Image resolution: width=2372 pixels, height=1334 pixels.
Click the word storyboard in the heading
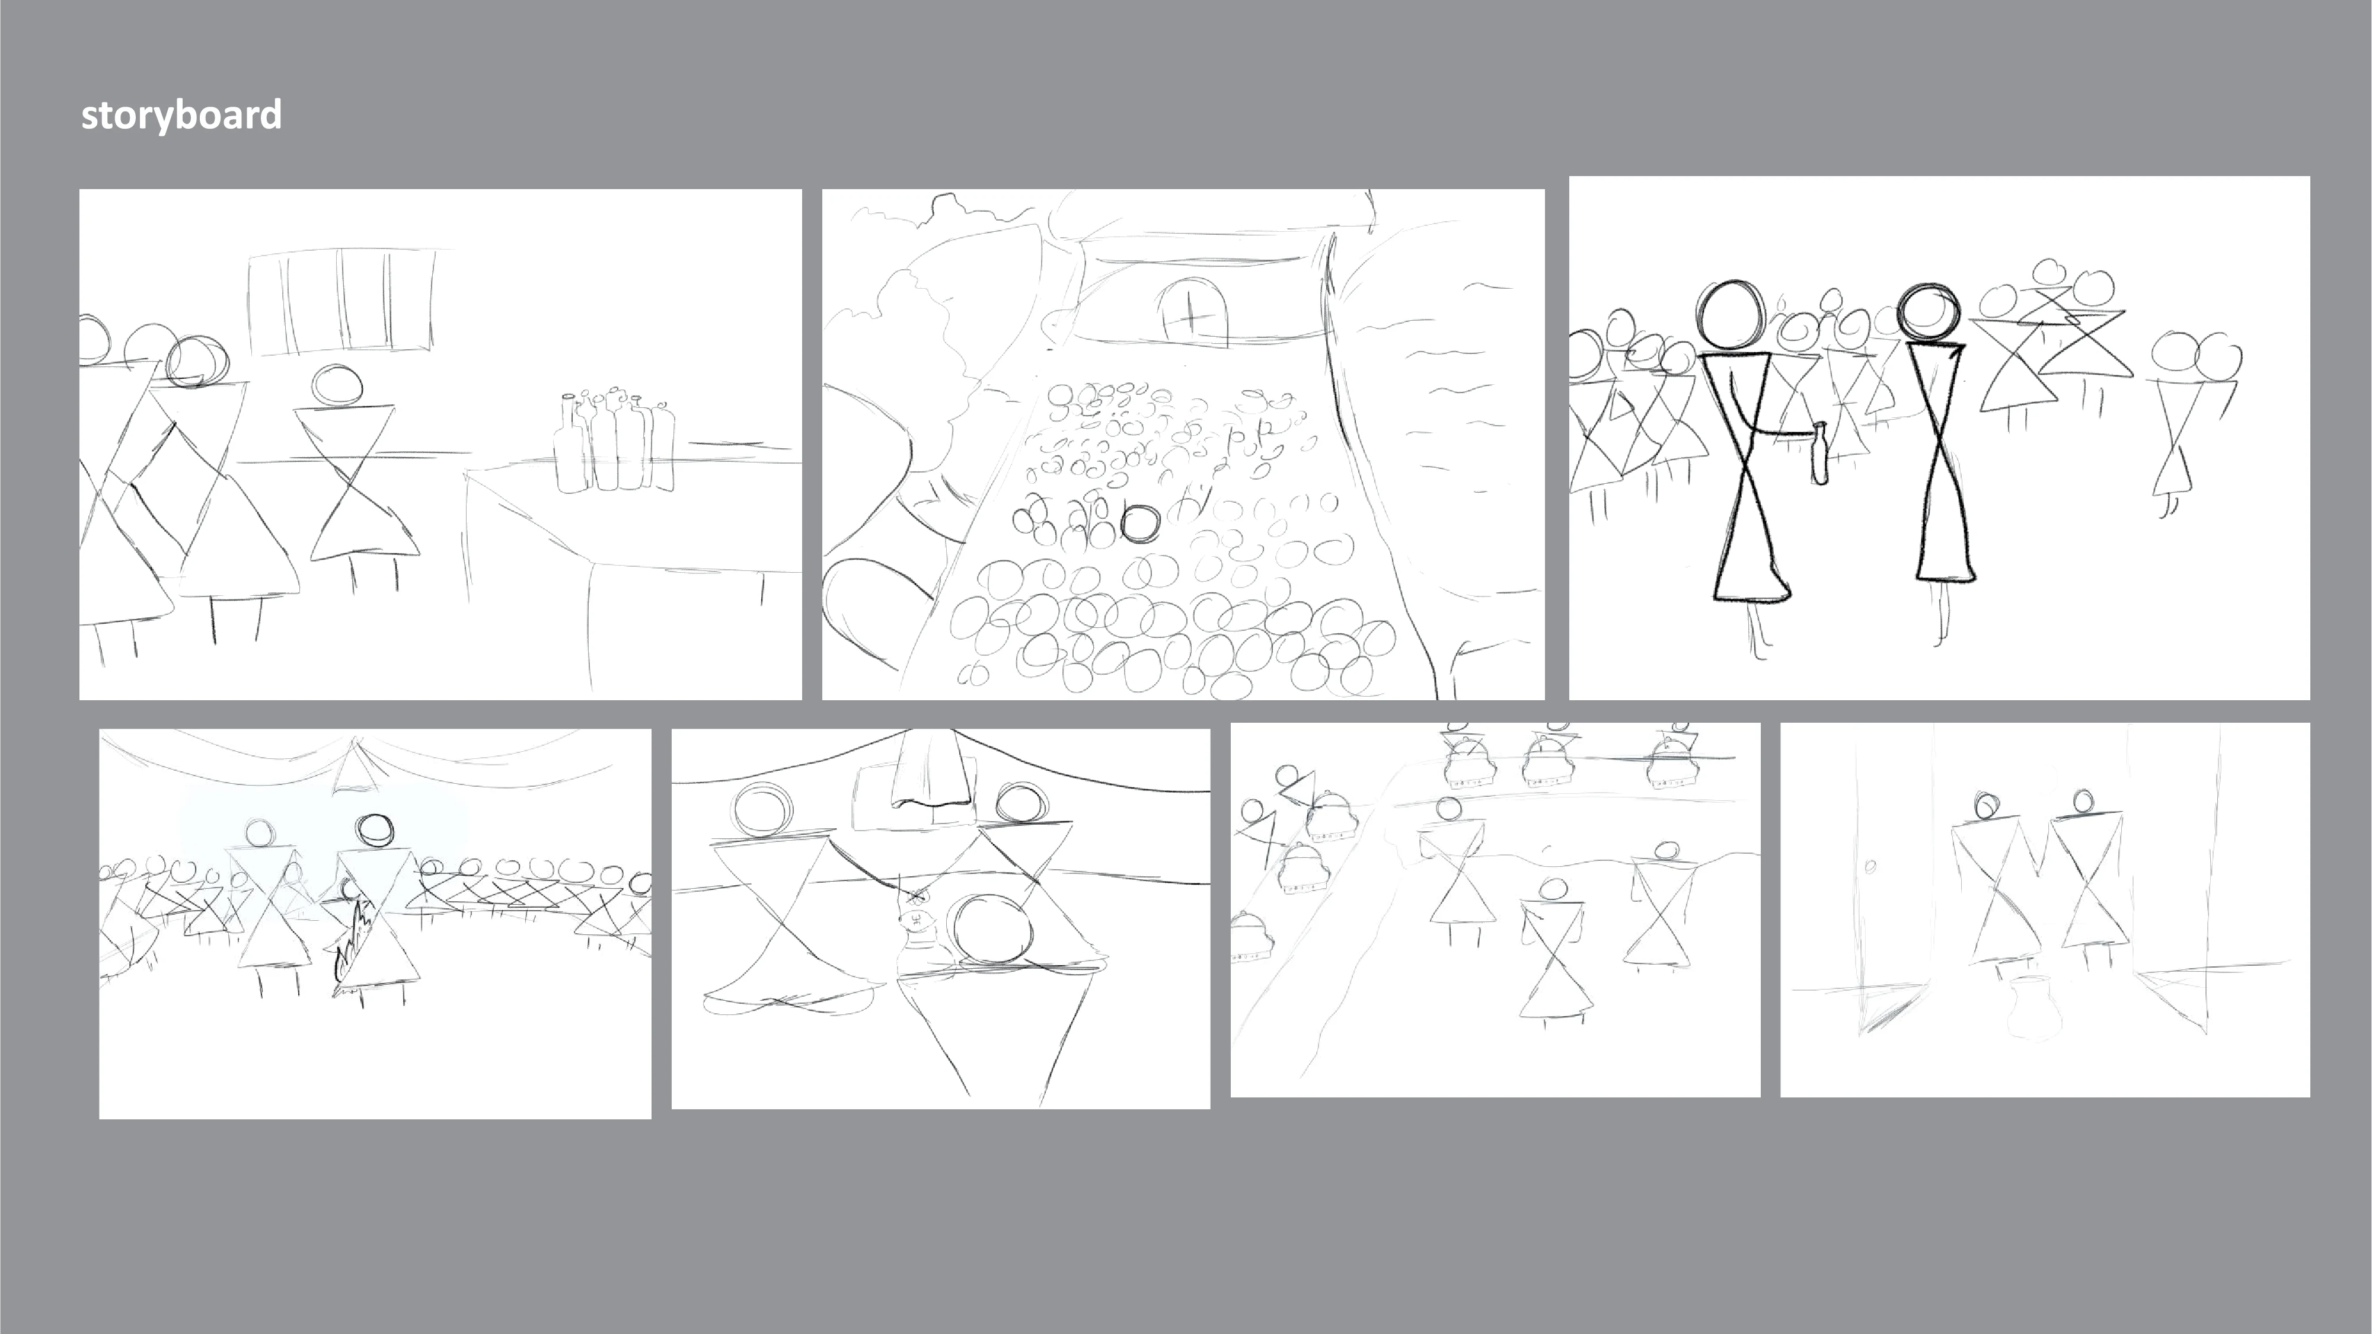[x=181, y=115]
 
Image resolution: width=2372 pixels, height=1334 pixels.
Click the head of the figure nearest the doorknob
[x=1987, y=806]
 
